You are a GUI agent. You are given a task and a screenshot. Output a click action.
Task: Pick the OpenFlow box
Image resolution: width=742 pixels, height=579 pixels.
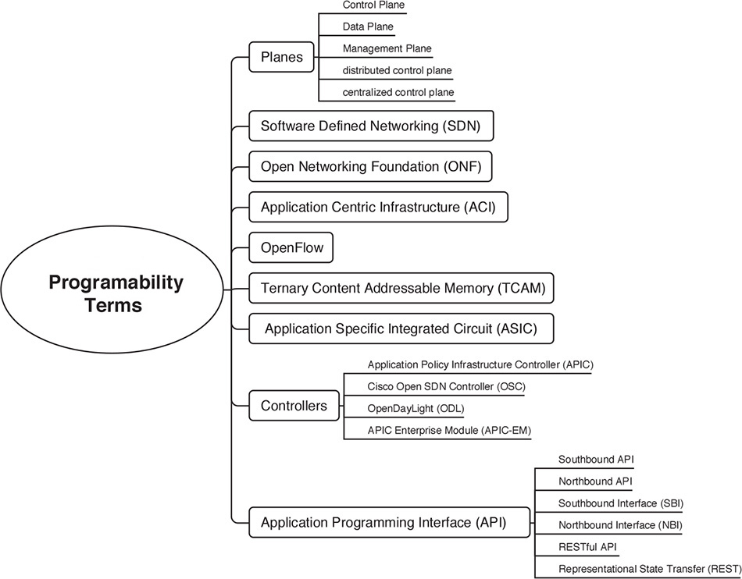(x=291, y=249)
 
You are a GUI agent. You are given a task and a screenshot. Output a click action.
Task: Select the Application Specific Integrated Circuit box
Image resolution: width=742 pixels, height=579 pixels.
(x=401, y=328)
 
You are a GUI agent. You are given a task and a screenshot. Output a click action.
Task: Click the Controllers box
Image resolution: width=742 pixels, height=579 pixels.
(x=293, y=405)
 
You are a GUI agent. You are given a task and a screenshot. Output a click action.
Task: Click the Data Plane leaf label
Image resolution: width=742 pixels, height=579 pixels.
(x=367, y=27)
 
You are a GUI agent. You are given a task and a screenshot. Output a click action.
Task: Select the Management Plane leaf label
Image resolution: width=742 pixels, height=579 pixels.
(x=386, y=48)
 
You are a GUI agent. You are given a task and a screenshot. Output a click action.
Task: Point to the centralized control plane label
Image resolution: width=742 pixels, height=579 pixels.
(x=398, y=92)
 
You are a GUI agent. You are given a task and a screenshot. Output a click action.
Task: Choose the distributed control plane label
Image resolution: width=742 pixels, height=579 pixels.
(x=397, y=70)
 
